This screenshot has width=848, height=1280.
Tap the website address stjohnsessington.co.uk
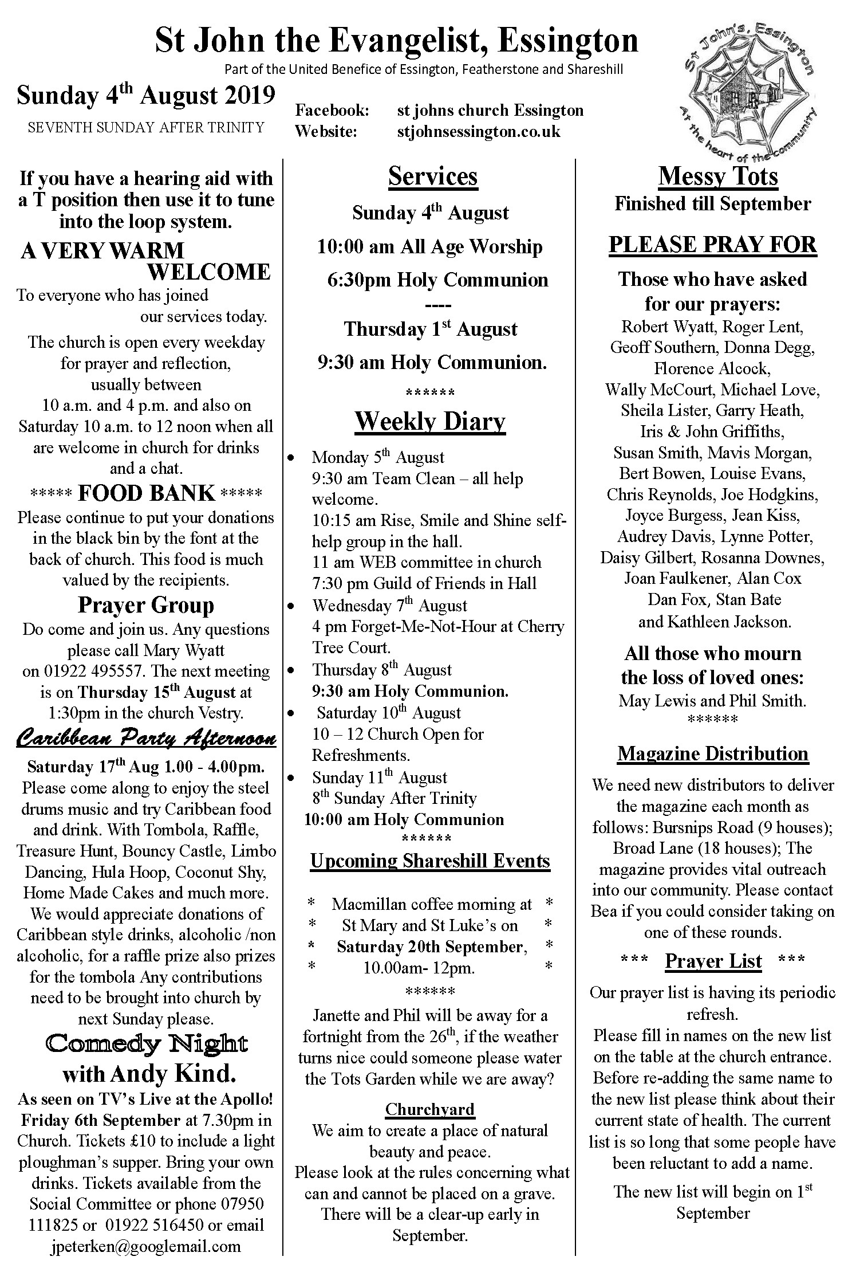479,131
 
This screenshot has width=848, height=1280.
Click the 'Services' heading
432,176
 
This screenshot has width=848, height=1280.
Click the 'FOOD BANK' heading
146,493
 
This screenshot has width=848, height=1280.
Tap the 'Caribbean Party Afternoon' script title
146,739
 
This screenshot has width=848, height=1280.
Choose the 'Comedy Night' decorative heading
146,1043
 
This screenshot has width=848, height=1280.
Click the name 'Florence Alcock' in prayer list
712,368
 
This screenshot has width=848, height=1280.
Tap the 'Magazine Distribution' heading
713,753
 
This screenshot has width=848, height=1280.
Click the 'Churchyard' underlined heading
429,1109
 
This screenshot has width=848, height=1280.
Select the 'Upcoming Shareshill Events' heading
430,861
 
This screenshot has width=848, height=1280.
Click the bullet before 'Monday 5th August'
291,458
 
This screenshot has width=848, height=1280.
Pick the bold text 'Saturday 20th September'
431,947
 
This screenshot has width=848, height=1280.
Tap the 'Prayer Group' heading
146,605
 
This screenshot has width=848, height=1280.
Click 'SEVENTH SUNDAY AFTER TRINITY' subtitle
146,127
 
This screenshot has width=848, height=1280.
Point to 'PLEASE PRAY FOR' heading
712,245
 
